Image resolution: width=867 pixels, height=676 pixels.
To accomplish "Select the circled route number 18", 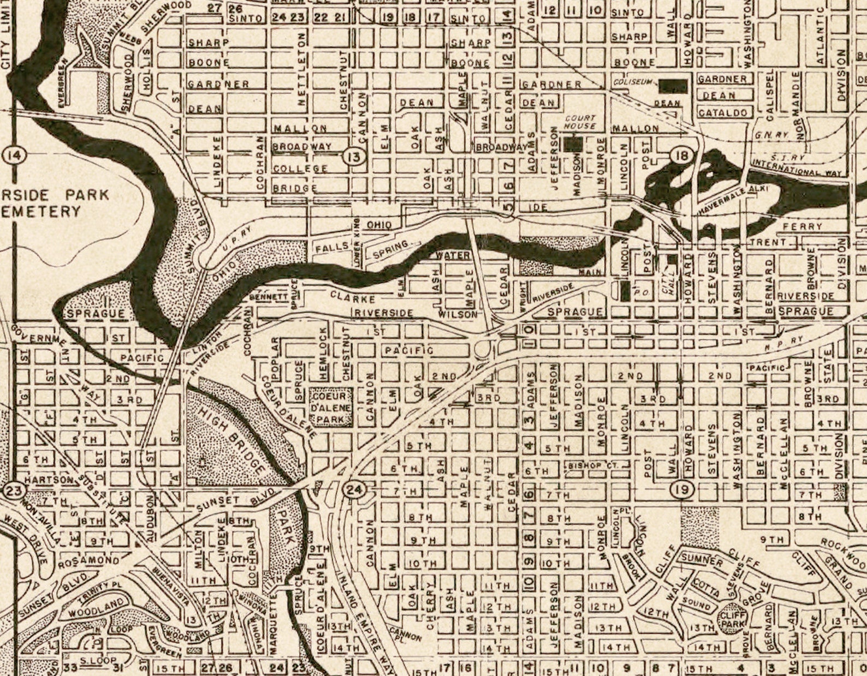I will tap(681, 156).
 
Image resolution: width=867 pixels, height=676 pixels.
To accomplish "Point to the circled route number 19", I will tap(682, 489).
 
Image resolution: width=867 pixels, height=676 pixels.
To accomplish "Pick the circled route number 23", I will tap(13, 490).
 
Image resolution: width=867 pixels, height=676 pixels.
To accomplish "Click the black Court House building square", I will tap(573, 143).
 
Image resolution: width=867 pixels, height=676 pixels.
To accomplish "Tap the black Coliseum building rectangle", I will tap(673, 86).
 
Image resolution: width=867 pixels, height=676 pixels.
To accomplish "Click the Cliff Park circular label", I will tap(732, 619).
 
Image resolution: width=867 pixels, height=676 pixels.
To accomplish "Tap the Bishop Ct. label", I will tap(592, 466).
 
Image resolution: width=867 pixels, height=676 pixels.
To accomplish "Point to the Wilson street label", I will tap(458, 315).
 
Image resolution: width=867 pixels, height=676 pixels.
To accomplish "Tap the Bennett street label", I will tap(268, 298).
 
